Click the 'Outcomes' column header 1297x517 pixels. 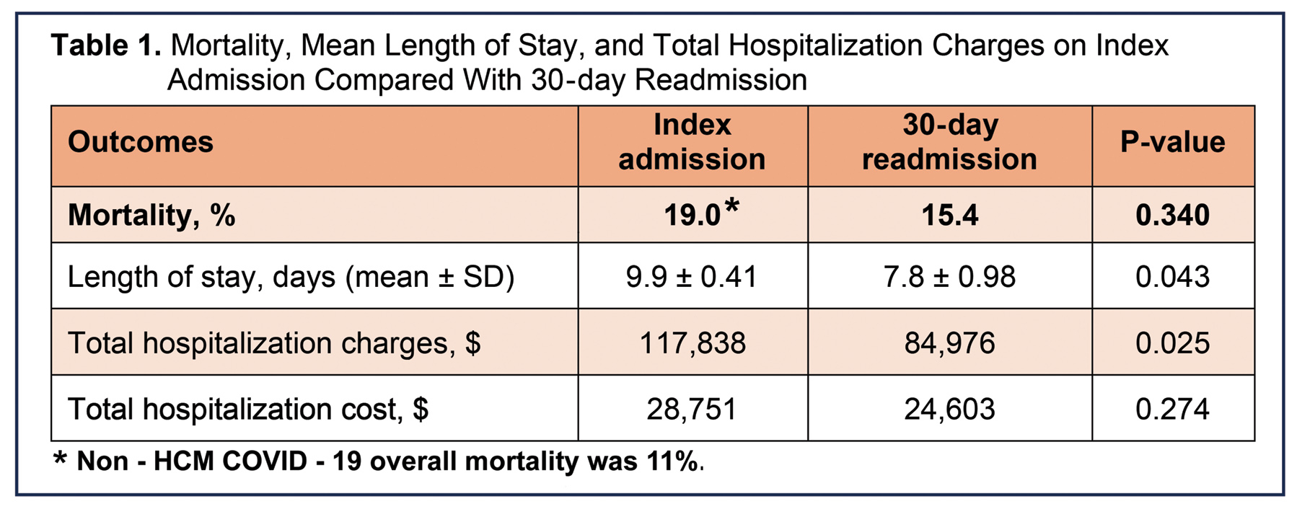point(141,142)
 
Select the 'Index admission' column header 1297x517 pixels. point(692,142)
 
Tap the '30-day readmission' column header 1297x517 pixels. point(949,142)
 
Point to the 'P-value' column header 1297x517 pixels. point(1172,142)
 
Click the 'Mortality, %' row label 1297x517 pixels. point(151,215)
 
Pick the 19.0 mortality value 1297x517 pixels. point(692,216)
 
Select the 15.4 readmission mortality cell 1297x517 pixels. point(949,216)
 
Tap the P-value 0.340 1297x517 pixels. point(1172,216)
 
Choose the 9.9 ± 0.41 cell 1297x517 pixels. point(692,277)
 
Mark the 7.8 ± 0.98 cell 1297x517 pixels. point(949,277)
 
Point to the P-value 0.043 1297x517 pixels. point(1172,277)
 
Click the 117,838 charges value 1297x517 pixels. point(692,343)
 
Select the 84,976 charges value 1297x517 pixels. point(949,343)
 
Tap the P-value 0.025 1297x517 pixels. point(1172,343)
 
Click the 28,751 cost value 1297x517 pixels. point(692,410)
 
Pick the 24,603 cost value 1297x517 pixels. point(949,410)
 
